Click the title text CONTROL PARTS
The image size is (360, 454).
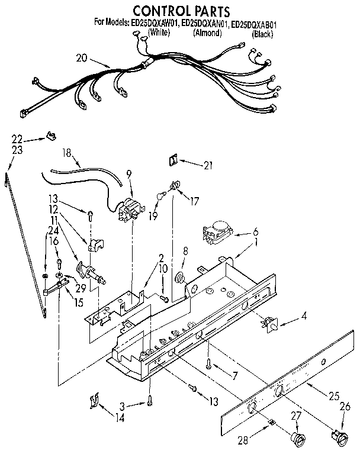point(172,10)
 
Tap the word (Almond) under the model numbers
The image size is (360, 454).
point(207,33)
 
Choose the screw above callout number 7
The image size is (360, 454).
point(209,365)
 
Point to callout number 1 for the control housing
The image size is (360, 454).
point(256,242)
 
